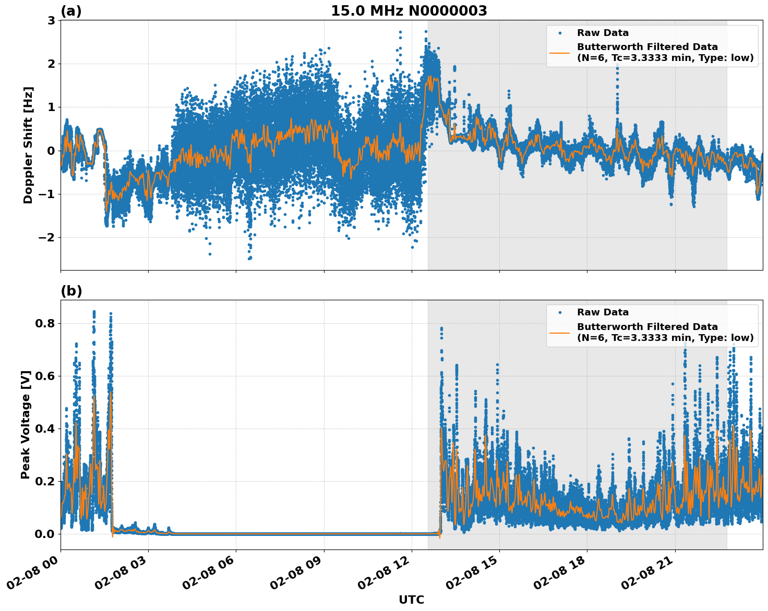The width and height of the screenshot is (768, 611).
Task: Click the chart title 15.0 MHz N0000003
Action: (x=409, y=11)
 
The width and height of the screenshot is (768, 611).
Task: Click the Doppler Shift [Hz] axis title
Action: (x=28, y=145)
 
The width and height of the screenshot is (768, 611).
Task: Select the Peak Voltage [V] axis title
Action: (x=26, y=424)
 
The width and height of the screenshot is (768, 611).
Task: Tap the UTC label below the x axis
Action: (x=411, y=600)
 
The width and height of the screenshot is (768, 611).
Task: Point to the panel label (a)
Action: (x=71, y=11)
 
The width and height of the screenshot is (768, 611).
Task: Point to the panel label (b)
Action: (x=71, y=291)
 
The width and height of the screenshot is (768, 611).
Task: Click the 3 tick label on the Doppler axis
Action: (x=52, y=20)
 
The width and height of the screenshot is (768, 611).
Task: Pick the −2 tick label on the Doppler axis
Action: (x=47, y=238)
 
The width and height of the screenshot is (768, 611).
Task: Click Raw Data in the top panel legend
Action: (x=603, y=33)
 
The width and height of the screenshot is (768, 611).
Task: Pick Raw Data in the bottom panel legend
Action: (x=603, y=312)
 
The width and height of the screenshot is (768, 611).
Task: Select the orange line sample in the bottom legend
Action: (x=559, y=332)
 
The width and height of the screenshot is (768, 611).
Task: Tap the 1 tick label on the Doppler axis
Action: (x=52, y=107)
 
